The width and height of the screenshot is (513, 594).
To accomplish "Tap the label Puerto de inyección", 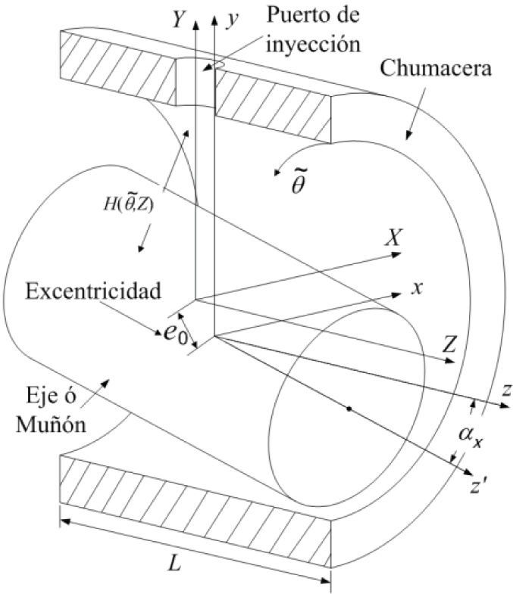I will [x=290, y=30].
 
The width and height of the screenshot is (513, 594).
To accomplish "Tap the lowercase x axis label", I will [x=415, y=288].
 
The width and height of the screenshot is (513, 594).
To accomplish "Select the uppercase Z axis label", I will [x=449, y=345].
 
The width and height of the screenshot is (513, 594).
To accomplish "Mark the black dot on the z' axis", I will [x=349, y=409].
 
